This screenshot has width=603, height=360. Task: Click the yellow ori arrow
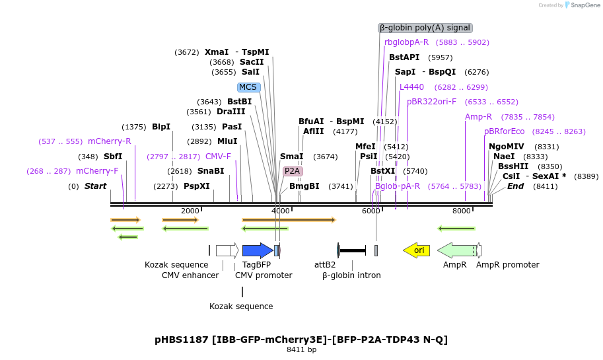coord(417,250)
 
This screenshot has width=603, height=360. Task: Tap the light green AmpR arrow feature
coord(456,250)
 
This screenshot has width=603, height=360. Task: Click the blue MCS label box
coord(248,87)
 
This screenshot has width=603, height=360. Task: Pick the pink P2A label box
coord(292,171)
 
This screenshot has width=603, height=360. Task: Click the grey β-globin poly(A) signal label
coord(425,28)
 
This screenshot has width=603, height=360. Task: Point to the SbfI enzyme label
coord(113,157)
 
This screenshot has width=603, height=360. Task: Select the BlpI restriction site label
coord(161,127)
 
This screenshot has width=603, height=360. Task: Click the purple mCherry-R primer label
coord(110,141)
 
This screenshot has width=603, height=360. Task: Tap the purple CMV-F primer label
coord(218,157)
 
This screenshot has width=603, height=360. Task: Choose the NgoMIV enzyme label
coord(507,147)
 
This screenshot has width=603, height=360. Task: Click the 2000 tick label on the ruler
coord(190,211)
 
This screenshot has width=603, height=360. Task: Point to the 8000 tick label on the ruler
coord(462,211)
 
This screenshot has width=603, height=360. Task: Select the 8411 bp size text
coord(301,350)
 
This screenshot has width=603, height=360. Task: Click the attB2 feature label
coord(325,265)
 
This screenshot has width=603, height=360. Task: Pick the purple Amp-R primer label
coord(478,117)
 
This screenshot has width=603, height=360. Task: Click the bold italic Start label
coord(95,186)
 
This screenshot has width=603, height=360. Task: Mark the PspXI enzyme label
coord(197,186)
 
